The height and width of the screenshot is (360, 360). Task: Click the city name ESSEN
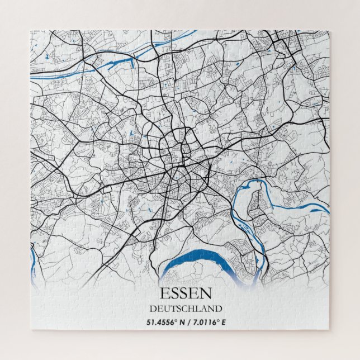(185, 293)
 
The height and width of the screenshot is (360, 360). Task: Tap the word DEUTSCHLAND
(185, 308)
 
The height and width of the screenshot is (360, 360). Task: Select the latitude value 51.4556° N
(166, 323)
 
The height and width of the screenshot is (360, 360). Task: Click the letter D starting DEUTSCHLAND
(152, 308)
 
